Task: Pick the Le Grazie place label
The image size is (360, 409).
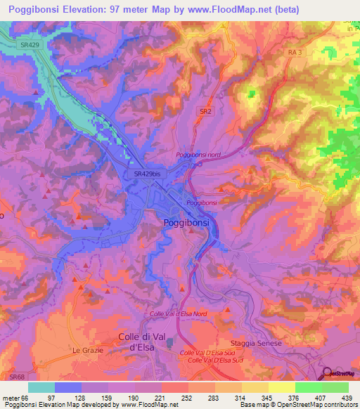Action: (88, 349)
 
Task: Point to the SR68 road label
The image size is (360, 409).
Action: (16, 377)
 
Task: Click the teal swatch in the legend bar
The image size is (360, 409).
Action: (41, 387)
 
